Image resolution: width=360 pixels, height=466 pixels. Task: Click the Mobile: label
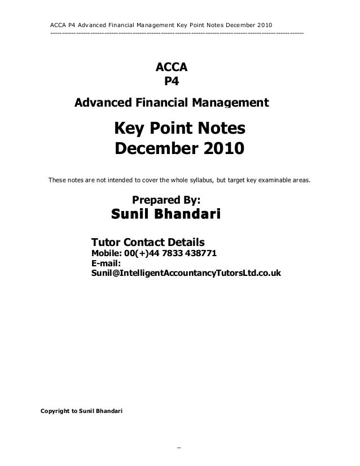tap(106, 253)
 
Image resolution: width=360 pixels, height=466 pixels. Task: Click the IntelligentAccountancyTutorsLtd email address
tap(186, 273)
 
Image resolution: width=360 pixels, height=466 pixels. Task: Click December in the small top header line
tap(238, 24)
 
